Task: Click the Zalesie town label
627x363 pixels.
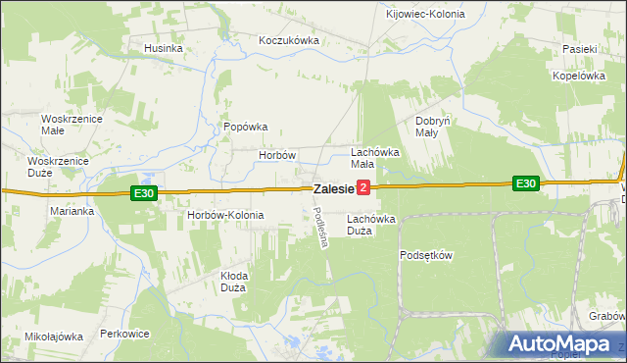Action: [333, 187]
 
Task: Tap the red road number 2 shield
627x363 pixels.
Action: [363, 186]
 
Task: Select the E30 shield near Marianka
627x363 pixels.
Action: [144, 193]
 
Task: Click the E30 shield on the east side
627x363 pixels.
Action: [526, 182]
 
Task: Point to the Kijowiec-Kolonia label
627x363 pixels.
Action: [425, 15]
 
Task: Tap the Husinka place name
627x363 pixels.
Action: [164, 48]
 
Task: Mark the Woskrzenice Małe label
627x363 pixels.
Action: [67, 125]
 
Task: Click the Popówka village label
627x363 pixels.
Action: [246, 127]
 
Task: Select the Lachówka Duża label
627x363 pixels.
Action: [371, 225]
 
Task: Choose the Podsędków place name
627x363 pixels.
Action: [426, 255]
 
